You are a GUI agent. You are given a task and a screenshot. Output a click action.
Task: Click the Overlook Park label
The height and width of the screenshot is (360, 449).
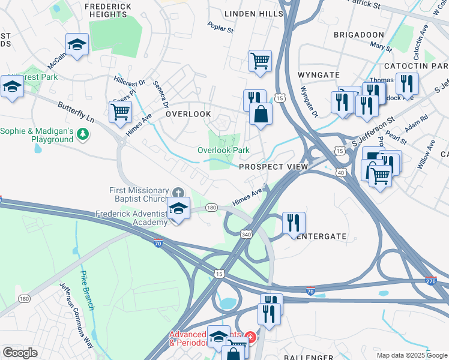pos(224,150)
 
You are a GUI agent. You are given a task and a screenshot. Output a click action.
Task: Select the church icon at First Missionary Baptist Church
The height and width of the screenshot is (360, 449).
pos(178,192)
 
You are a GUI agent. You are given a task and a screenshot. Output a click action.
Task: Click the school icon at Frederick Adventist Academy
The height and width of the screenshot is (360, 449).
pos(178,208)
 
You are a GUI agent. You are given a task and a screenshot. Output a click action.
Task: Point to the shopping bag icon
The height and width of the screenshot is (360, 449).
pos(261,114)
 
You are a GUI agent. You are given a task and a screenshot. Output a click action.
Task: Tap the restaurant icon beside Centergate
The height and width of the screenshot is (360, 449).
pos(294,223)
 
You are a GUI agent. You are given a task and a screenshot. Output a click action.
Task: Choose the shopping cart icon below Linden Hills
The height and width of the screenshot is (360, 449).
pos(260,60)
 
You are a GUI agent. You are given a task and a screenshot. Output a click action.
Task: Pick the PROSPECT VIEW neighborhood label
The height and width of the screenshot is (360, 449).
pos(273,167)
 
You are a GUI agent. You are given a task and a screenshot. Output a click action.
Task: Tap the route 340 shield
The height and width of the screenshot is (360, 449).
pos(246,233)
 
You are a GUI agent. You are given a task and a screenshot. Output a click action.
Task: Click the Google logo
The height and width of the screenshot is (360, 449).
pos(20,353)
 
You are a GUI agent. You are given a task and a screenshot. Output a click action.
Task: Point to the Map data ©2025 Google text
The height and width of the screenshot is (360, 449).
pos(411,355)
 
